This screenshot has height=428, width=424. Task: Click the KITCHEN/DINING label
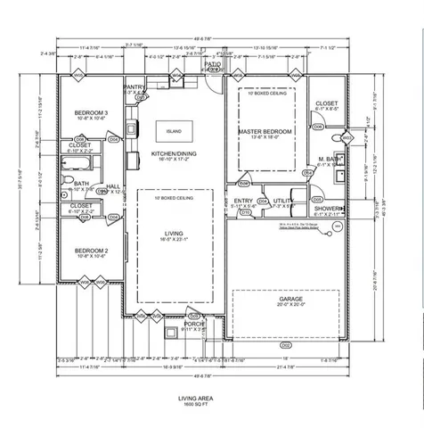173,153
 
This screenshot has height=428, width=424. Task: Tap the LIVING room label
175,235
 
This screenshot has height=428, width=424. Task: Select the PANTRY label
135,86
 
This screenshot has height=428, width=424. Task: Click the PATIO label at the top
212,64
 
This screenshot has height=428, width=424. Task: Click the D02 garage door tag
285,343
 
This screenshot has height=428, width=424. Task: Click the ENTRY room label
243,201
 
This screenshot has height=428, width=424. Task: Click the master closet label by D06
325,103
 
